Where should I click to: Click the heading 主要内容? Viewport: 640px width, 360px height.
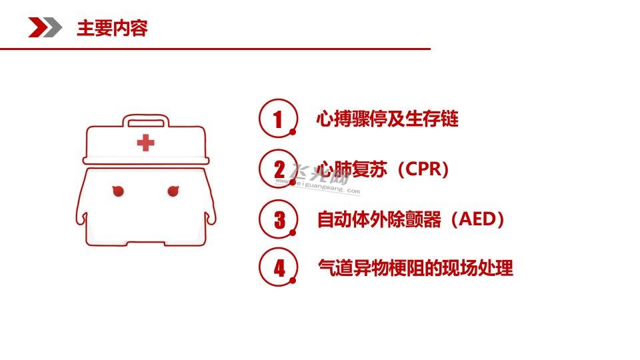click(x=112, y=28)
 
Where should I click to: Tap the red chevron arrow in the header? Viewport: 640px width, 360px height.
click(x=37, y=27)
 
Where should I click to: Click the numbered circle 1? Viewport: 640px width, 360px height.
click(x=278, y=119)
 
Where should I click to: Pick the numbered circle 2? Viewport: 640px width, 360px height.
click(x=278, y=169)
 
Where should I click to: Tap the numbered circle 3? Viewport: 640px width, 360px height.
click(x=278, y=219)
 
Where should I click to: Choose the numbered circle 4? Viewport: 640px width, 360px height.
click(x=278, y=267)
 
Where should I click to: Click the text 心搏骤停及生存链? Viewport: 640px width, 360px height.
click(x=387, y=119)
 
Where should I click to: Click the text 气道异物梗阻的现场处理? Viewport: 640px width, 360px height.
click(x=415, y=268)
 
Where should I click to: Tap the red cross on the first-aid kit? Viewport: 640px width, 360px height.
click(x=146, y=143)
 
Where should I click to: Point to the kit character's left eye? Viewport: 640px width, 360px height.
click(x=118, y=191)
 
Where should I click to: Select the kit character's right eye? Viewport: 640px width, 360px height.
click(x=173, y=191)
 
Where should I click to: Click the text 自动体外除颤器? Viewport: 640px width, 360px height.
click(x=379, y=219)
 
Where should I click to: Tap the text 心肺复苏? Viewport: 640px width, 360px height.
click(x=352, y=169)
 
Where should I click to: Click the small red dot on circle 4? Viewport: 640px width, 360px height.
click(x=293, y=281)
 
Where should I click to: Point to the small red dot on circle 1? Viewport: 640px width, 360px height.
click(x=293, y=131)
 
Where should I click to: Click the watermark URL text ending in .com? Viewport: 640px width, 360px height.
click(x=317, y=186)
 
